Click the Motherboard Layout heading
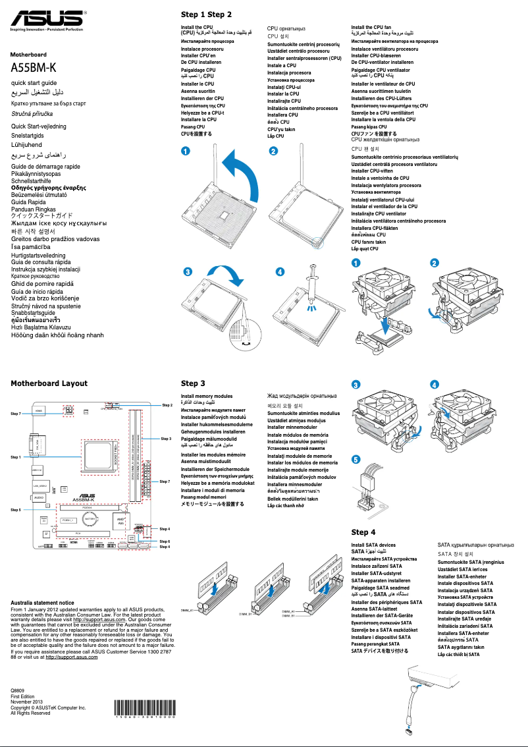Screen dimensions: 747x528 pyautogui.click(x=49, y=383)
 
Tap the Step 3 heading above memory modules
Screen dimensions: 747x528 pyautogui.click(x=193, y=383)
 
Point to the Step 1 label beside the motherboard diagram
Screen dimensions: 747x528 pyautogui.click(x=16, y=456)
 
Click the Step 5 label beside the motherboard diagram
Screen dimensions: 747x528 pyautogui.click(x=16, y=510)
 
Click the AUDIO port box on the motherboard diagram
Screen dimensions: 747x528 pyautogui.click(x=38, y=497)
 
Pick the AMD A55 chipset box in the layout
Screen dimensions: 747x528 pyautogui.click(x=120, y=521)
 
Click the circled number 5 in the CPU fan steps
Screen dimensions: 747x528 pyautogui.click(x=356, y=459)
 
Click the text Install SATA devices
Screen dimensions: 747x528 pyautogui.click(x=373, y=545)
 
